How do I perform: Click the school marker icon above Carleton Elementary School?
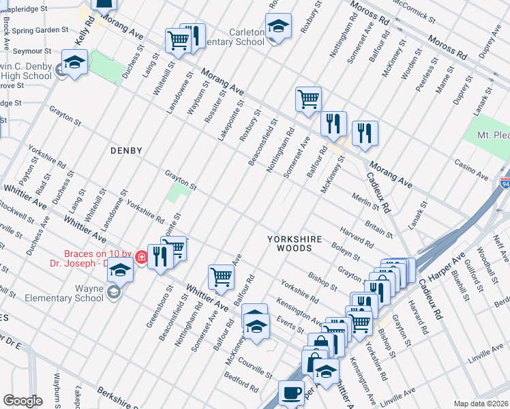tap(278, 27)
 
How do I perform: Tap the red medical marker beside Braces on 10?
tap(141, 257)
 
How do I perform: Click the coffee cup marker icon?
tap(291, 393)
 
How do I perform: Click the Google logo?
tap(22, 401)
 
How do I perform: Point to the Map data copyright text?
tap(481, 404)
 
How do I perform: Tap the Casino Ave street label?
tap(472, 170)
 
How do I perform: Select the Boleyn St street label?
tap(345, 250)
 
